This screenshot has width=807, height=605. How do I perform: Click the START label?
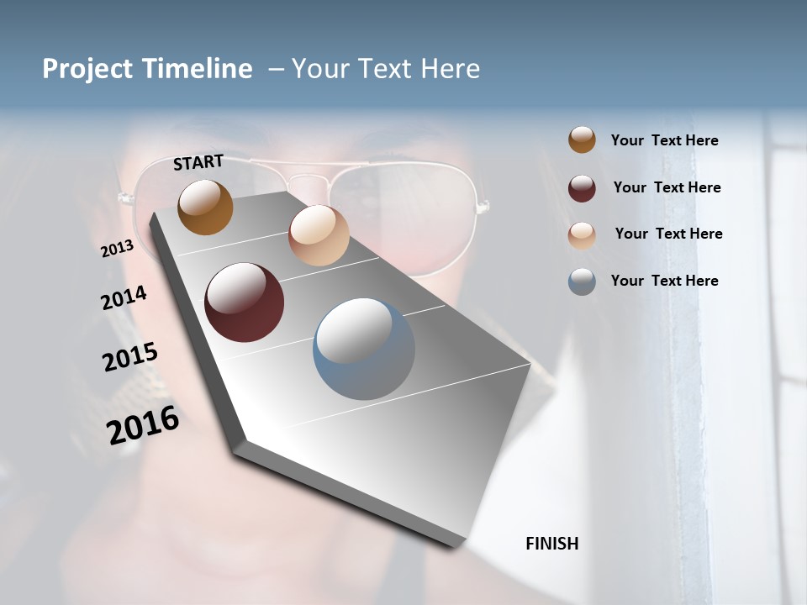click(198, 162)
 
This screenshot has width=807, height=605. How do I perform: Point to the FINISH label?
click(552, 544)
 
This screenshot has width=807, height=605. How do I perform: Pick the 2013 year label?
click(118, 249)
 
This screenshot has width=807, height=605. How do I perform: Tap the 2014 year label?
click(124, 298)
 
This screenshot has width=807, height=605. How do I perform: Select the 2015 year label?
click(130, 356)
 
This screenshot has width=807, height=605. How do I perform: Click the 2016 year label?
click(143, 425)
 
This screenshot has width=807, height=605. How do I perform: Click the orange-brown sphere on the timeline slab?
click(205, 207)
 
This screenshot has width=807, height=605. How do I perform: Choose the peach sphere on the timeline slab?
click(319, 235)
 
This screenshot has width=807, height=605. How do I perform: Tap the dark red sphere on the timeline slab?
click(245, 302)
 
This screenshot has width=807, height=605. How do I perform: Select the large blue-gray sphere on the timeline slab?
click(364, 348)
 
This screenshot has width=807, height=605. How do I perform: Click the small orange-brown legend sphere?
click(582, 139)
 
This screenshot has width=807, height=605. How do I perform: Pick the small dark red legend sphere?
click(582, 188)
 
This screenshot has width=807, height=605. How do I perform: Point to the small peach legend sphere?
click(582, 235)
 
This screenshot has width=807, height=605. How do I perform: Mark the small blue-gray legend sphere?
click(582, 281)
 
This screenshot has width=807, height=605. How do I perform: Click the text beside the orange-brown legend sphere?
click(664, 140)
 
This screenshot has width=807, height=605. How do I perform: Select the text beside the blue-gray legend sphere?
click(664, 281)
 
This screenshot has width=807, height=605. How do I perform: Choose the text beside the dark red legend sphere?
click(667, 187)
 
